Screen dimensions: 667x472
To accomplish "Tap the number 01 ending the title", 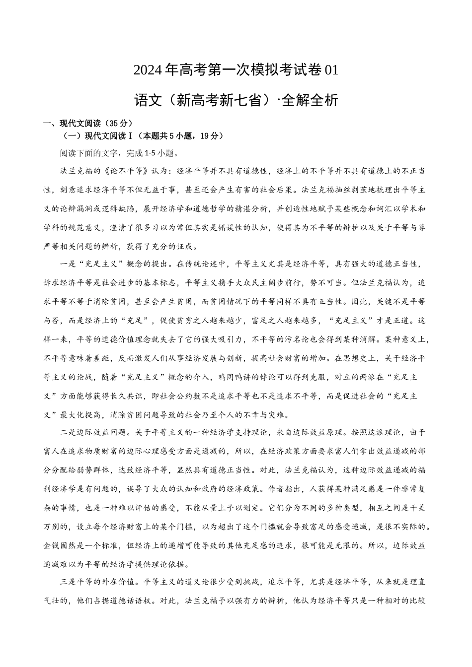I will pos(330,70).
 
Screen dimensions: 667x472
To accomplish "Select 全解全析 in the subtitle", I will pos(310,100).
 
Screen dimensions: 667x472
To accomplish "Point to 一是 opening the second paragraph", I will pos(68,265).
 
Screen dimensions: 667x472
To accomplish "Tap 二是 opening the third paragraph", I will pos(68,432).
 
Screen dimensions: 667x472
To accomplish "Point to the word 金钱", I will pos(52,545).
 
